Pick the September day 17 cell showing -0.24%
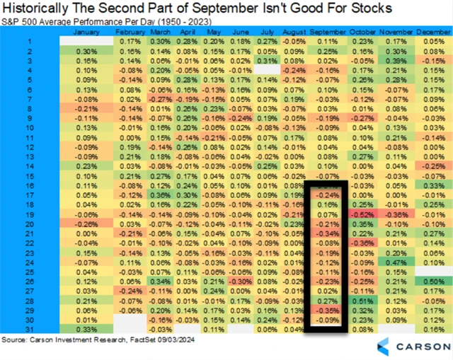pos(326,194)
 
